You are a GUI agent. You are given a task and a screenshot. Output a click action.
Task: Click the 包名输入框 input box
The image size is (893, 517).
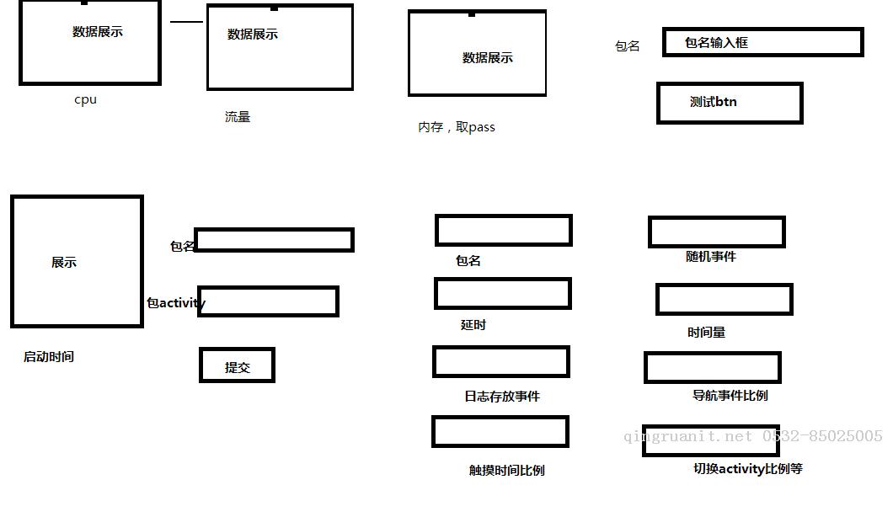click(x=762, y=42)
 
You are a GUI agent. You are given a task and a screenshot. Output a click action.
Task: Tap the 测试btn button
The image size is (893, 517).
click(x=730, y=103)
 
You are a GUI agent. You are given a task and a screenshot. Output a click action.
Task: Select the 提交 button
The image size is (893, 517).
click(x=237, y=365)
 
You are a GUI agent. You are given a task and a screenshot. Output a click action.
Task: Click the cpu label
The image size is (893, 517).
click(x=85, y=99)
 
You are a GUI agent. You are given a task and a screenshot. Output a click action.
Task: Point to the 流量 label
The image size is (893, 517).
click(x=238, y=117)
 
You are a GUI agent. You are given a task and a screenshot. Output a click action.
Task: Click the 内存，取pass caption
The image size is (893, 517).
click(x=456, y=127)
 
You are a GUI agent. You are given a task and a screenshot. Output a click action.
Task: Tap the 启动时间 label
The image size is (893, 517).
click(x=48, y=357)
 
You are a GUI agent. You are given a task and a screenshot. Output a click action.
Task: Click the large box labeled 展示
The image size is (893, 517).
click(x=77, y=261)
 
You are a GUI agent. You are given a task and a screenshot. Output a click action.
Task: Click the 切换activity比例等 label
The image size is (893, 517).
click(x=748, y=469)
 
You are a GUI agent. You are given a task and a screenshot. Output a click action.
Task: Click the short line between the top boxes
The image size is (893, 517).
click(x=186, y=22)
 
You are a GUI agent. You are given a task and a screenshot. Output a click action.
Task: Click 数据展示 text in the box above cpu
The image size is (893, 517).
click(x=98, y=32)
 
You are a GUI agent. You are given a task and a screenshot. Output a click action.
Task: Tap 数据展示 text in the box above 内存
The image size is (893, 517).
click(x=488, y=57)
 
